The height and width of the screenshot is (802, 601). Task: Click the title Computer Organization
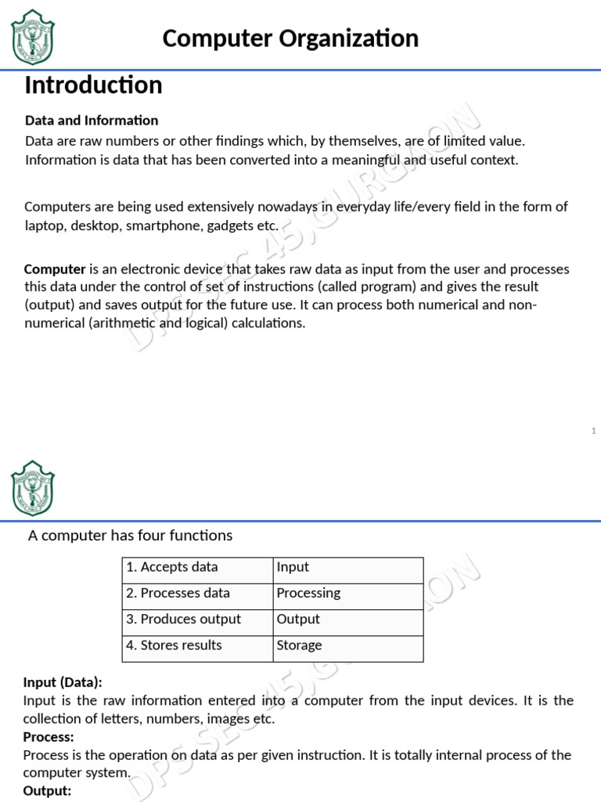[290, 38]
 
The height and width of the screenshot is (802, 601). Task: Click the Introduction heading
[93, 85]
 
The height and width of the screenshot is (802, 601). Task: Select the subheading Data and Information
[92, 121]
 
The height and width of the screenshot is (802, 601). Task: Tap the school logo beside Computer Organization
[33, 37]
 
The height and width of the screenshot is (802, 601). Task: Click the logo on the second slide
[33, 488]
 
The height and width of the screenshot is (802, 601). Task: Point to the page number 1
[594, 431]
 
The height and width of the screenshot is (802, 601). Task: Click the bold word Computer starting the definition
[55, 269]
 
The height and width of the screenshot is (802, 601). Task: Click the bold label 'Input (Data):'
[63, 682]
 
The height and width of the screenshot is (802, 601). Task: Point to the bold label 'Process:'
[49, 737]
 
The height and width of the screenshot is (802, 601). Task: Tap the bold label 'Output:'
[47, 791]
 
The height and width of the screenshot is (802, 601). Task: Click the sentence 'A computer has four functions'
[130, 536]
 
